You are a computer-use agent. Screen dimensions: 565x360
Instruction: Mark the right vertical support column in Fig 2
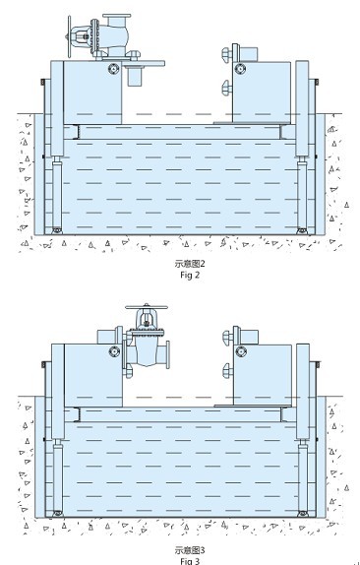pos(302,148)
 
